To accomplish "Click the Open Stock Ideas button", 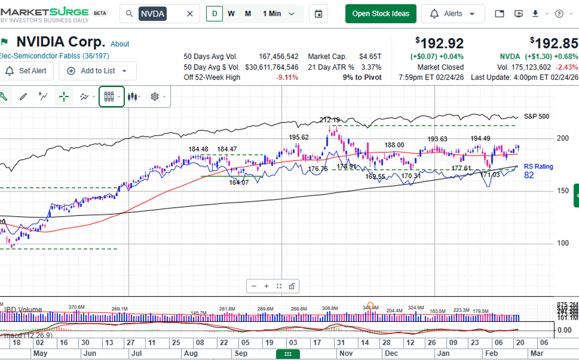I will coord(380,13).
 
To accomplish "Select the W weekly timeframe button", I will coord(231,13).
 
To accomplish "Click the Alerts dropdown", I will coord(453,13).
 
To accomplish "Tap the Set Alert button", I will coord(26,71).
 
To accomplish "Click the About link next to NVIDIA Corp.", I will coord(120,44).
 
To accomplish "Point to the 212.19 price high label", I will coord(329,120).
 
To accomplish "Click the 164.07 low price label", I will coord(239,182).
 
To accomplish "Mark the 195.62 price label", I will coord(299,137).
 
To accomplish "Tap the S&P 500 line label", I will coord(536,116).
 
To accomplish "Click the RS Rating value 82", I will coord(529,175).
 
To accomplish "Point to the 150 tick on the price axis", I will coord(562,191).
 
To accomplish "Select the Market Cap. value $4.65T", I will coord(371,56).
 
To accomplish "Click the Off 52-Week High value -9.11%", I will coord(287,78).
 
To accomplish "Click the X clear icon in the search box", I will coord(190,14).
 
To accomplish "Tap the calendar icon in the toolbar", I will coord(318,14).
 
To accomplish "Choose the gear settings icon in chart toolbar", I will coord(155,97).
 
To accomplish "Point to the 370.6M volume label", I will coord(76,307).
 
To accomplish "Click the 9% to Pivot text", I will coord(362,78).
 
